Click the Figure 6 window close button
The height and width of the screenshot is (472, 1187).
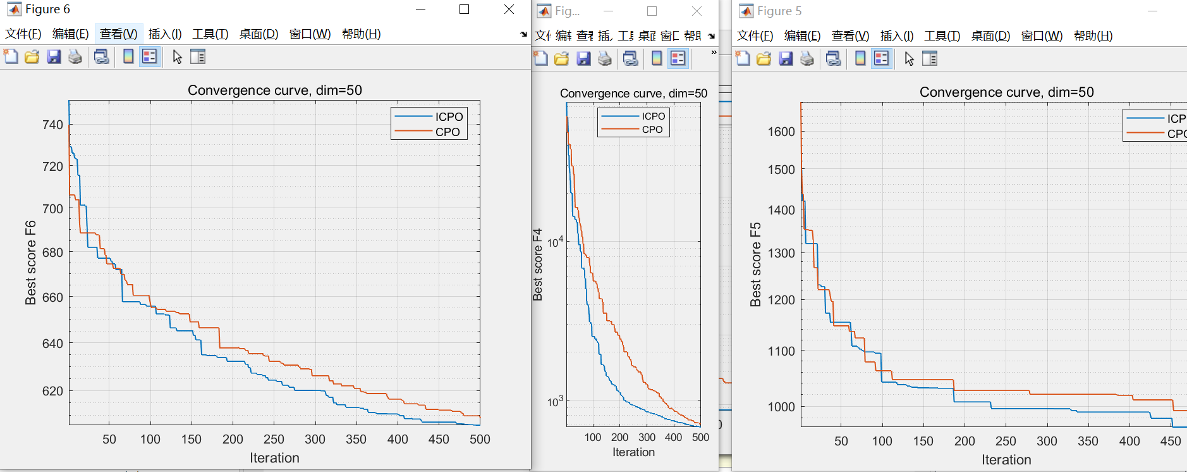[x=509, y=9]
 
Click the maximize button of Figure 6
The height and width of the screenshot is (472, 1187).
[x=464, y=9]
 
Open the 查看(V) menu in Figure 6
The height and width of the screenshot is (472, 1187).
[x=118, y=34]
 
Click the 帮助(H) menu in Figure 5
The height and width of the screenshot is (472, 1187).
[x=1093, y=36]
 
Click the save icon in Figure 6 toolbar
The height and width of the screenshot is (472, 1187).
[x=54, y=57]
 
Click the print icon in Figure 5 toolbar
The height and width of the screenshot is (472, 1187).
[x=807, y=59]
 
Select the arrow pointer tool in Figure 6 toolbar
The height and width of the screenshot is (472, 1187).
[x=177, y=57]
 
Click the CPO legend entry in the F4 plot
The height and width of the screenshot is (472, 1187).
[x=652, y=130]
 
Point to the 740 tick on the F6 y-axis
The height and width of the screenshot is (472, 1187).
[x=52, y=125]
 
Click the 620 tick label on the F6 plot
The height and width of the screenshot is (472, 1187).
[x=52, y=391]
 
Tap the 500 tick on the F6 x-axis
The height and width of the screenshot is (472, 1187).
[x=480, y=439]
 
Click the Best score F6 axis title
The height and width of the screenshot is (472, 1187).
[x=30, y=263]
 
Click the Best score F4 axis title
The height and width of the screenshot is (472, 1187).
[x=537, y=264]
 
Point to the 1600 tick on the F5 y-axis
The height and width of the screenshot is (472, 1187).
[x=781, y=132]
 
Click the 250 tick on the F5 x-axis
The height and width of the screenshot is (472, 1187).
[x=1005, y=441]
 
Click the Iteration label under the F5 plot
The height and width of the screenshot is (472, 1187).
[x=1006, y=460]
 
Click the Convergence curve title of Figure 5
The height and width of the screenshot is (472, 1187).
[x=1006, y=92]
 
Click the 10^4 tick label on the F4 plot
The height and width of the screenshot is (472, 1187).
[x=555, y=242]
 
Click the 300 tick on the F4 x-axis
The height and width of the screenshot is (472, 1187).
[x=647, y=437]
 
